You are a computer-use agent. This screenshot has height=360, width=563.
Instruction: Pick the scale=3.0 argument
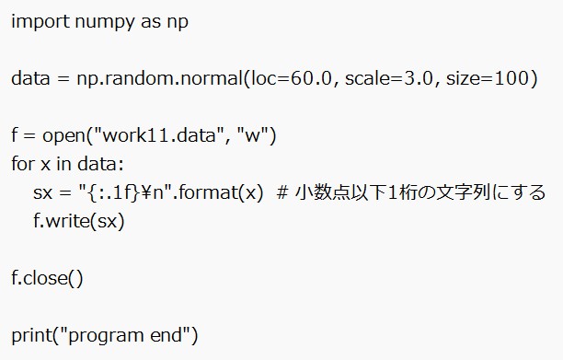click(388, 79)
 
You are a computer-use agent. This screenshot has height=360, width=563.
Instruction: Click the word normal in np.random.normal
click(208, 79)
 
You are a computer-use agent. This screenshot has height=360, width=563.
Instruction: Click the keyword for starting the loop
click(22, 165)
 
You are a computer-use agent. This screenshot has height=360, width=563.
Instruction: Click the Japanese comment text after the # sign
click(419, 193)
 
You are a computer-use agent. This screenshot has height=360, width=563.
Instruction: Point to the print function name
click(30, 335)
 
